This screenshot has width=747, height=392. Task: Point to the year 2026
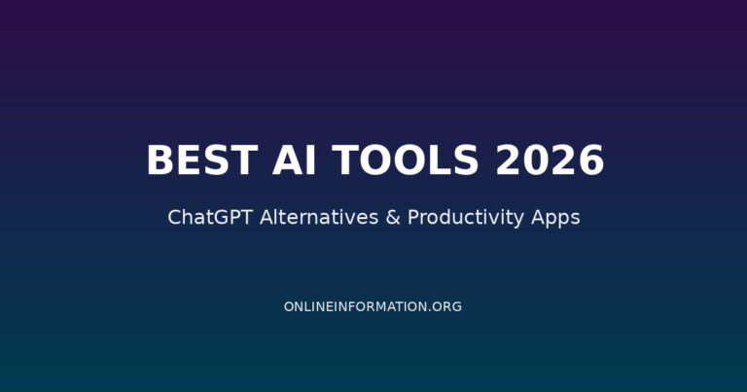pyautogui.click(x=551, y=160)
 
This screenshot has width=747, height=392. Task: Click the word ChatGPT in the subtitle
pyautogui.click(x=208, y=217)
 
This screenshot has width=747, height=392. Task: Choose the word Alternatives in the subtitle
pyautogui.click(x=316, y=217)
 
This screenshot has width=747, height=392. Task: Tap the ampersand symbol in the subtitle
pyautogui.click(x=393, y=217)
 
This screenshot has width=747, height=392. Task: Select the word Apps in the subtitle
pyautogui.click(x=556, y=218)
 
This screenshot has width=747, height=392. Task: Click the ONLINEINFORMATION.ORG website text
pyautogui.click(x=373, y=306)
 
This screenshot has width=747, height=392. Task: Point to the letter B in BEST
pyautogui.click(x=159, y=160)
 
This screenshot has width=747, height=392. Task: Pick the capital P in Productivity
pyautogui.click(x=412, y=217)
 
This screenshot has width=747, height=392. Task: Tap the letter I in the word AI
pyautogui.click(x=299, y=160)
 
